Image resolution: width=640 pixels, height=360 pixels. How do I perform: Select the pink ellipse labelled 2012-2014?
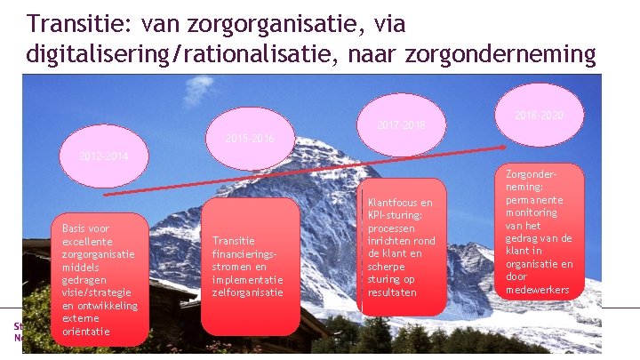[103, 156]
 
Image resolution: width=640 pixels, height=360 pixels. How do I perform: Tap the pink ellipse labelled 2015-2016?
[250, 139]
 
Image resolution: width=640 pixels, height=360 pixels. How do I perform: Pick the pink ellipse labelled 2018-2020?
[539, 116]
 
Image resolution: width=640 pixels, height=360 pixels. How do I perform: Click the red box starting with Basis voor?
[100, 279]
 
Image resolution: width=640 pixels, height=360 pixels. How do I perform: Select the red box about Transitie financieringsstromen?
[250, 266]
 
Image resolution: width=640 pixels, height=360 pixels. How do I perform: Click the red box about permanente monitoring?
[538, 232]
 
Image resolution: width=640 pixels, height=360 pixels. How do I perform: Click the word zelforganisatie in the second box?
[247, 292]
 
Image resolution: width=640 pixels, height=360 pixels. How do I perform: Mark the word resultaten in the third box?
[391, 292]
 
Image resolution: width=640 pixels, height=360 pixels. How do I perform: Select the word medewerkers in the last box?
[538, 289]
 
